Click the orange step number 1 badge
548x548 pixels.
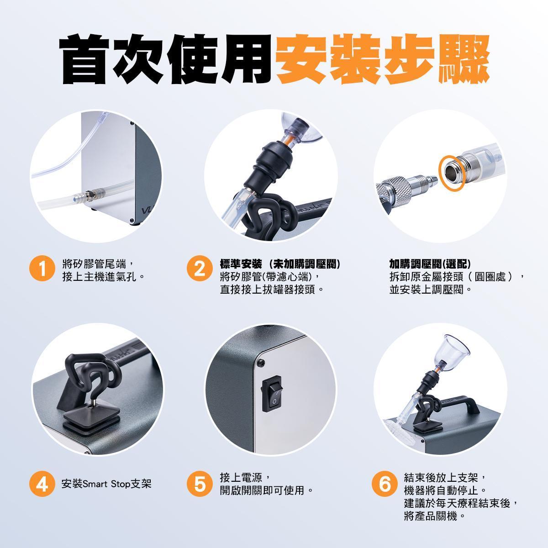[x=42, y=268]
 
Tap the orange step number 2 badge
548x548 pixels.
[x=200, y=268]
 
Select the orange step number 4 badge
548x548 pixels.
[x=42, y=484]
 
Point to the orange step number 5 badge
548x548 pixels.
[x=200, y=484]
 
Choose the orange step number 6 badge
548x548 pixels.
[x=385, y=484]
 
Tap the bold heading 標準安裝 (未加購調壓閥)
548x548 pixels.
[x=280, y=264]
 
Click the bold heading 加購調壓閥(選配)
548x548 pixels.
[x=430, y=264]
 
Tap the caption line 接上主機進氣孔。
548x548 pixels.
[x=104, y=277]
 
